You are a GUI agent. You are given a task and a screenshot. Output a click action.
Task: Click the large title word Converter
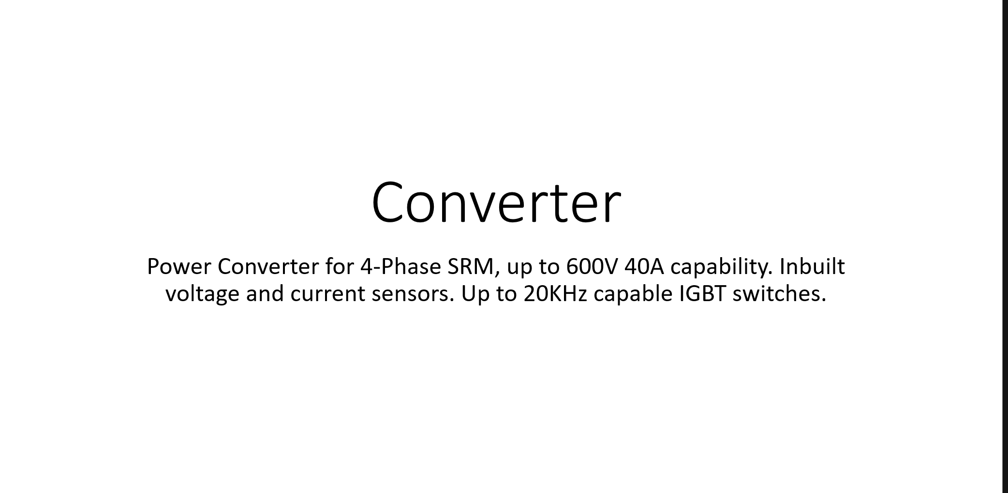pos(496,202)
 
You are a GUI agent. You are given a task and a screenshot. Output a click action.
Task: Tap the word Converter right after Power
pos(268,266)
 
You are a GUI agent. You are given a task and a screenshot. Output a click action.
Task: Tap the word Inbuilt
pos(812,266)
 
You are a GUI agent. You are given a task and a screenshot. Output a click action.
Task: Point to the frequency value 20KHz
pos(555,293)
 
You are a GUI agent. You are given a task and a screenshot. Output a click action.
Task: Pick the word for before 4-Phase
pos(340,266)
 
